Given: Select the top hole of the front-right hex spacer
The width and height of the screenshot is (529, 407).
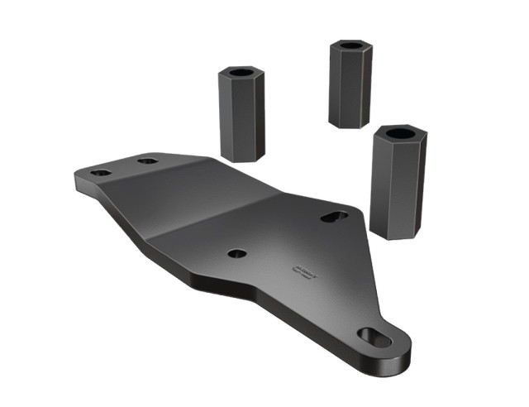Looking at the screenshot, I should click(399, 133).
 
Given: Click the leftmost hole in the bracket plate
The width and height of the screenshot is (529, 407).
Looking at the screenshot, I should click(101, 172).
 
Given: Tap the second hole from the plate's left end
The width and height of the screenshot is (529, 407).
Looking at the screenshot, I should click(149, 160).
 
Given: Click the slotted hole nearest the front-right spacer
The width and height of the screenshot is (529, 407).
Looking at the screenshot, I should click(334, 217).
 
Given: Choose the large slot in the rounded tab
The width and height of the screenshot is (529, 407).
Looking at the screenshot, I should click(374, 337).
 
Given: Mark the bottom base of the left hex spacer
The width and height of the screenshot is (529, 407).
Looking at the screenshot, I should click(244, 156).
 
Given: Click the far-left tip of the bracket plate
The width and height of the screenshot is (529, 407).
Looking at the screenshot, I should click(75, 175).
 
